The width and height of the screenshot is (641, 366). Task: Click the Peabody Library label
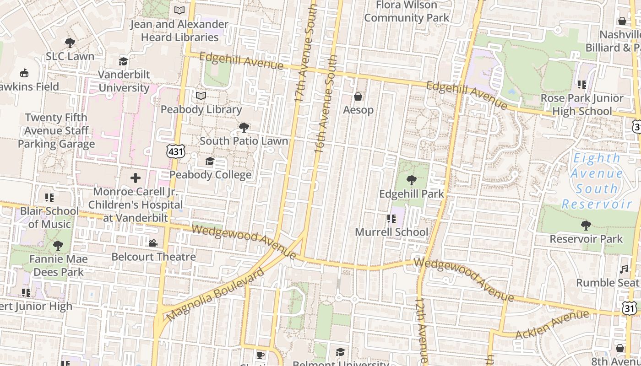click(201, 109)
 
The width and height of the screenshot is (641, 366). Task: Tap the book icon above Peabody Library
click(201, 96)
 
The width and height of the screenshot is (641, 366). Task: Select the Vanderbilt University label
click(124, 81)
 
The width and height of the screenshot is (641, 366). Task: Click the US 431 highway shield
click(175, 151)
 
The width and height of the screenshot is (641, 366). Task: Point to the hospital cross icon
click(136, 178)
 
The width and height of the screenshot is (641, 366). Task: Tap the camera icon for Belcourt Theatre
click(153, 243)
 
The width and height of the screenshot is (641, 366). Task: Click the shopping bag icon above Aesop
click(358, 97)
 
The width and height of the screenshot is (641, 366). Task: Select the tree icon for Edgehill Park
click(412, 180)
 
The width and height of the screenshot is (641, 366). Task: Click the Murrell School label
click(391, 232)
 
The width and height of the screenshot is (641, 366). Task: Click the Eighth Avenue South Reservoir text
click(597, 181)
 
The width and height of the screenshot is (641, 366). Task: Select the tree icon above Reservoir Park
click(586, 225)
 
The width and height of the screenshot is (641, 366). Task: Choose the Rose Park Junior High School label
click(582, 104)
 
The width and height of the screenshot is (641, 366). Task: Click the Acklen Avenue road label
click(552, 324)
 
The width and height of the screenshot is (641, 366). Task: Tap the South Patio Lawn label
click(244, 141)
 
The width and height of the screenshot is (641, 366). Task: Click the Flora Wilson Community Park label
click(407, 11)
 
